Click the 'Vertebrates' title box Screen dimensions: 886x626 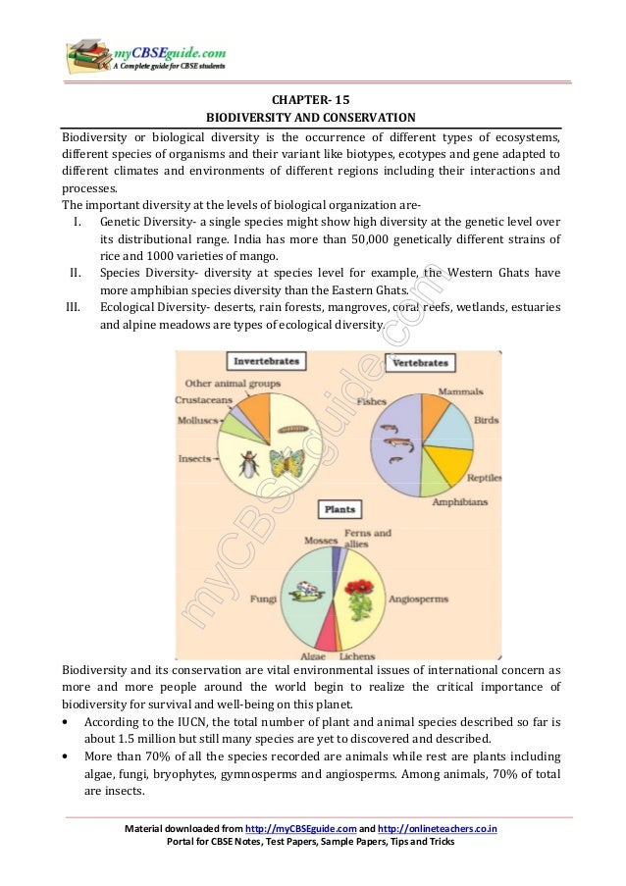[x=420, y=363]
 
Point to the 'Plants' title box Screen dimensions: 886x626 [x=339, y=510]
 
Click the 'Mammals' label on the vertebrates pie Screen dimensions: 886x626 [x=460, y=391]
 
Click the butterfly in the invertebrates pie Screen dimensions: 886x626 [x=286, y=462]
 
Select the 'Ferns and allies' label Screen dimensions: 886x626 [x=367, y=538]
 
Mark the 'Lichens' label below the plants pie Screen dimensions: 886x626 [x=357, y=655]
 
